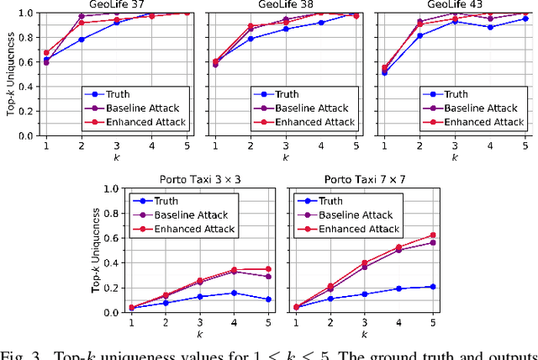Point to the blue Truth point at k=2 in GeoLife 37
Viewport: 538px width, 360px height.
point(81,40)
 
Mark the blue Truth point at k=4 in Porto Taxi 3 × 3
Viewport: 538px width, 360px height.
point(235,293)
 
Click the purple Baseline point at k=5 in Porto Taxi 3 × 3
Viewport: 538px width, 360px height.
point(268,277)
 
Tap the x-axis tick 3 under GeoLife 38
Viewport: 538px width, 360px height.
point(286,146)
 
